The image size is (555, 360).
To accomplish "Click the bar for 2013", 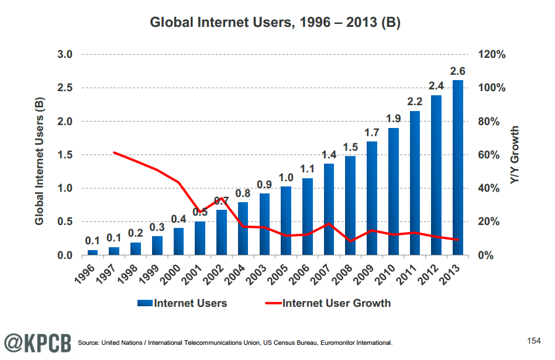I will tap(458, 168).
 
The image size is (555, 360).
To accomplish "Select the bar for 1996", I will tap(93, 252).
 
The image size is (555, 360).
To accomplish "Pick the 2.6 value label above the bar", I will tap(458, 71).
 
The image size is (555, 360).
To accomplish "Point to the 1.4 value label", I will tap(329, 155).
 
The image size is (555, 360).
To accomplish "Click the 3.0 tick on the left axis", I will tap(64, 54).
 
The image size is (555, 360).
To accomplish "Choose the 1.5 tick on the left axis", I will tap(64, 155).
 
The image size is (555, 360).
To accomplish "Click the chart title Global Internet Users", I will tap(275, 23).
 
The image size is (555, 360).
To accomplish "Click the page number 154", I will tap(533, 340).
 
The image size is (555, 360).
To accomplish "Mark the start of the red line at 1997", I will tap(115, 153).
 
